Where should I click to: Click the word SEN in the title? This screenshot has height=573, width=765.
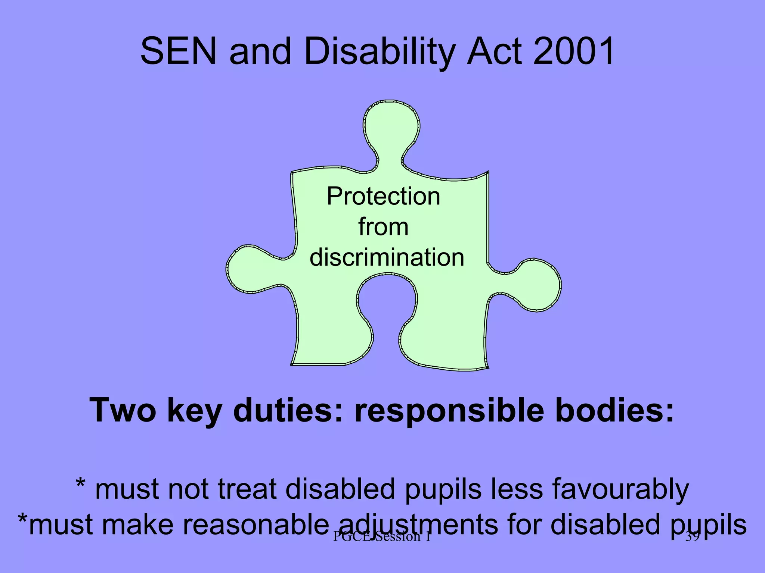pos(178,51)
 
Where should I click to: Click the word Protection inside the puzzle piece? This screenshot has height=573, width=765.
pos(383,196)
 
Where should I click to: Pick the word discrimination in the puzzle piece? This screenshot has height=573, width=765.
pos(387,257)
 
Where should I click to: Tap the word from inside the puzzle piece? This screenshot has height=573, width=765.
pos(383,227)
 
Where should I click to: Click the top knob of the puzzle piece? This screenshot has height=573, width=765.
pos(391,125)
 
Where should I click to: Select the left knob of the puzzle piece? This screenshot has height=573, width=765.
pos(248,269)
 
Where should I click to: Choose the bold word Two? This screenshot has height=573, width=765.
pos(123,410)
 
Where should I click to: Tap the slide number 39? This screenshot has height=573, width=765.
pos(692,536)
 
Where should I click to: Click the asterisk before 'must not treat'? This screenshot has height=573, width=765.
pos(80,484)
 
